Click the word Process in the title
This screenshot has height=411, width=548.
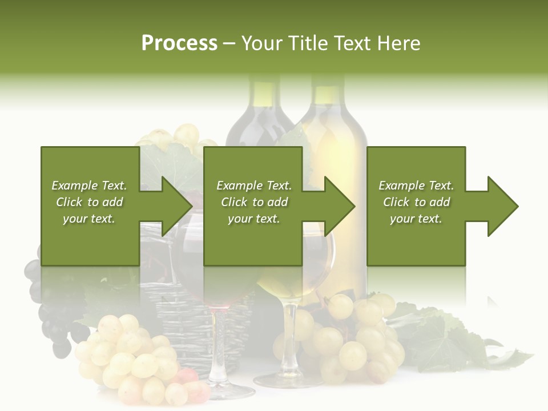179,43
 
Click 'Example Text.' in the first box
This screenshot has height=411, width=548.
89,186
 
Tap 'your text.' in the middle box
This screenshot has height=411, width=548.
253,219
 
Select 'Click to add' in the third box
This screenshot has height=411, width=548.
416,202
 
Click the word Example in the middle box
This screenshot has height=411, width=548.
238,186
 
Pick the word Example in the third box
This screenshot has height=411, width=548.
400,186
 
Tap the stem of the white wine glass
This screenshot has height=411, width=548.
290,337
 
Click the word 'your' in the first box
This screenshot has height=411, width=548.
74,219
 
